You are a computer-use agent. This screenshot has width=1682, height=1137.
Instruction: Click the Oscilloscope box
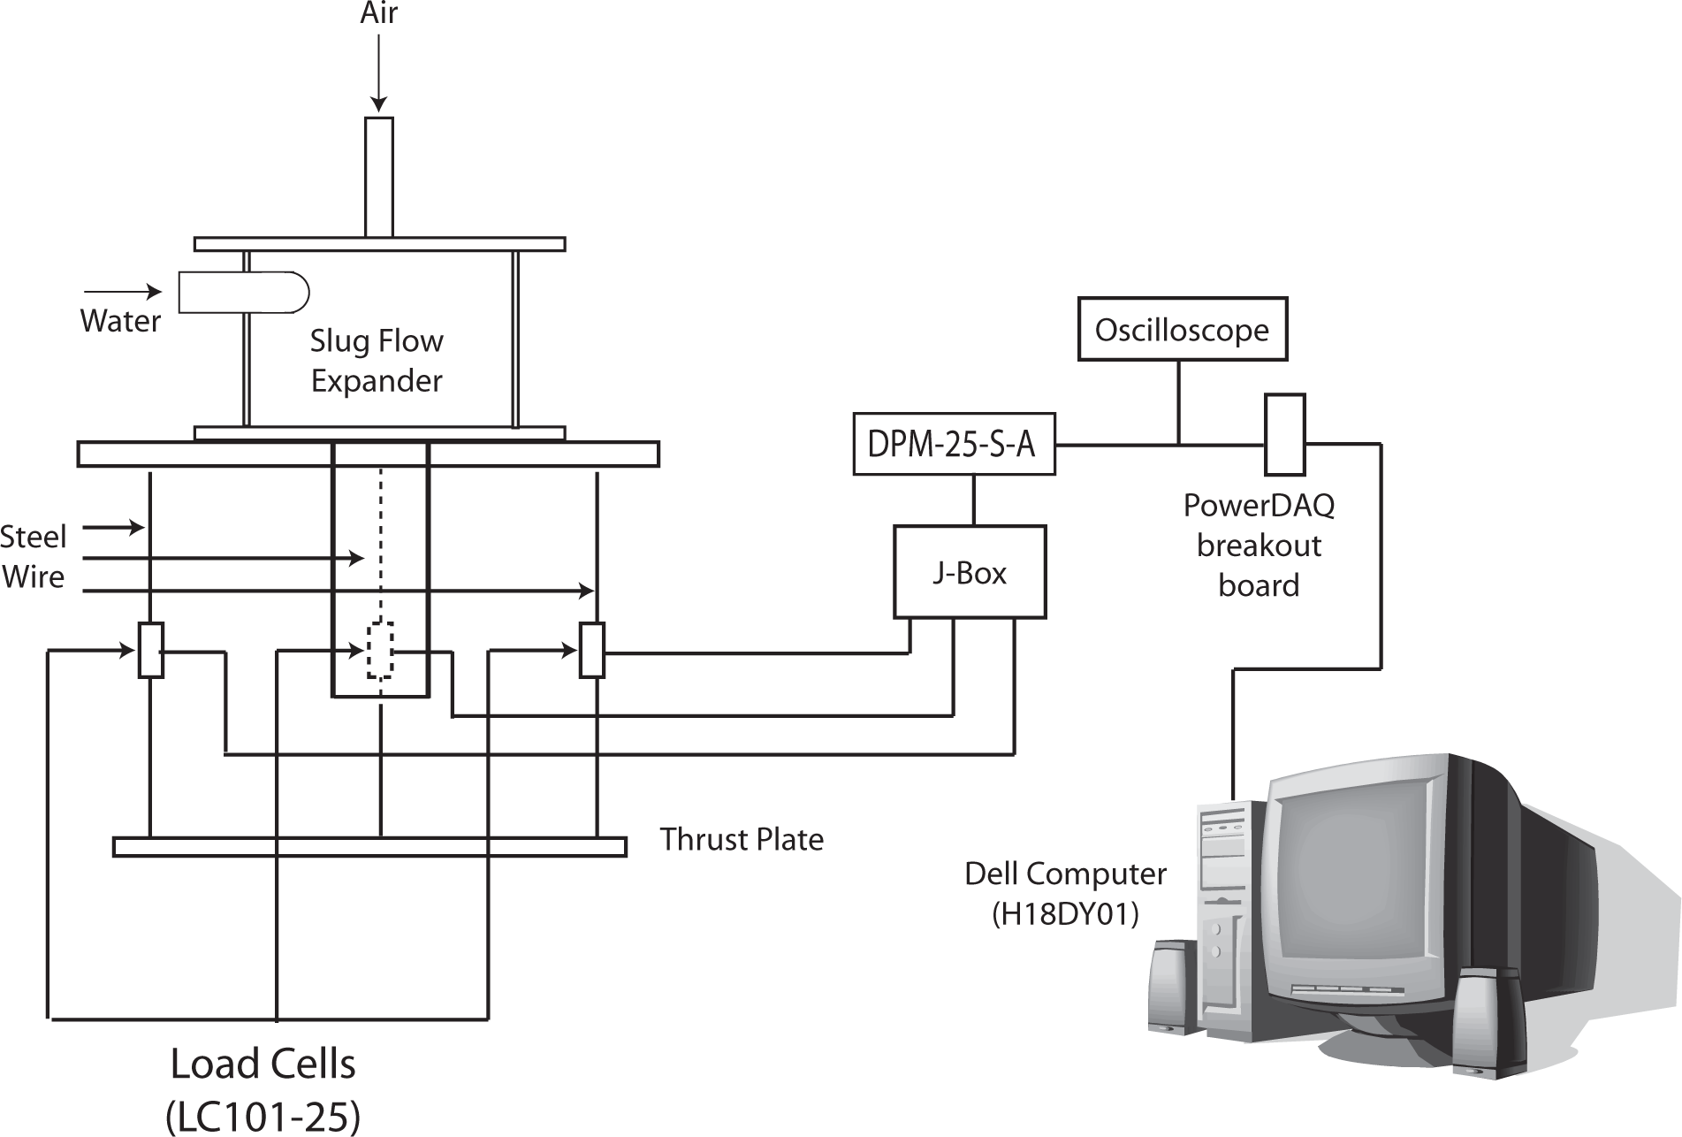[x=1182, y=330]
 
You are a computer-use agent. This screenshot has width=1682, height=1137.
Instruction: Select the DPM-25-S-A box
[x=954, y=444]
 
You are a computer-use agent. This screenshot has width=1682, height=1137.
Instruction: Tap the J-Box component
[x=970, y=572]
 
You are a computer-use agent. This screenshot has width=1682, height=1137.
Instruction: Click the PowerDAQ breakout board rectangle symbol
[x=1284, y=434]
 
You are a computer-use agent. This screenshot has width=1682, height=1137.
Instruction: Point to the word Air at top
[x=378, y=13]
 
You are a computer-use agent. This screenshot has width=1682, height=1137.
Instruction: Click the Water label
[x=120, y=320]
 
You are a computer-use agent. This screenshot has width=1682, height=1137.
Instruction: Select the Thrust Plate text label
[x=742, y=839]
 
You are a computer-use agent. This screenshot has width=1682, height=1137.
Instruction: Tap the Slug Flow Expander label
[x=377, y=361]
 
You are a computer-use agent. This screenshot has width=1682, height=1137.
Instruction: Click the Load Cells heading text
[x=263, y=1064]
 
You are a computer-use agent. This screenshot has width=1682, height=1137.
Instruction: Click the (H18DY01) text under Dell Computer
[x=1065, y=913]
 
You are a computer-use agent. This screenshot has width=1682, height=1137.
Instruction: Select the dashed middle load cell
[x=380, y=651]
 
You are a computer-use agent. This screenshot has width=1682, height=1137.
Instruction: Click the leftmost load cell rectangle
[x=151, y=651]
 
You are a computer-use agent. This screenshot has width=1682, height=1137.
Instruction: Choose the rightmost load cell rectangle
[x=592, y=651]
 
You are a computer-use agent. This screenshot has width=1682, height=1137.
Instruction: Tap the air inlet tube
[x=378, y=177]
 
